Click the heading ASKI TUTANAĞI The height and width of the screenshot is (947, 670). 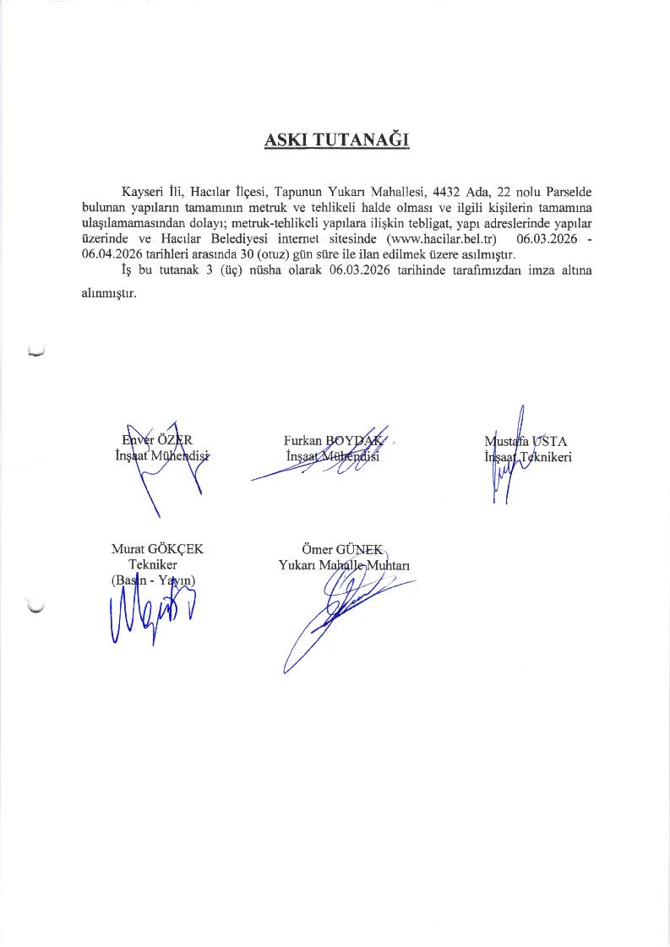(x=336, y=140)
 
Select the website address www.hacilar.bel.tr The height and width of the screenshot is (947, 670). (x=439, y=240)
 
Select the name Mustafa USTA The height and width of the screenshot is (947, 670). (x=526, y=440)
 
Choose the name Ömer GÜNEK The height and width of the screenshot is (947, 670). (x=343, y=549)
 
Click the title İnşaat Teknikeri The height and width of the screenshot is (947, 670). (x=528, y=457)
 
